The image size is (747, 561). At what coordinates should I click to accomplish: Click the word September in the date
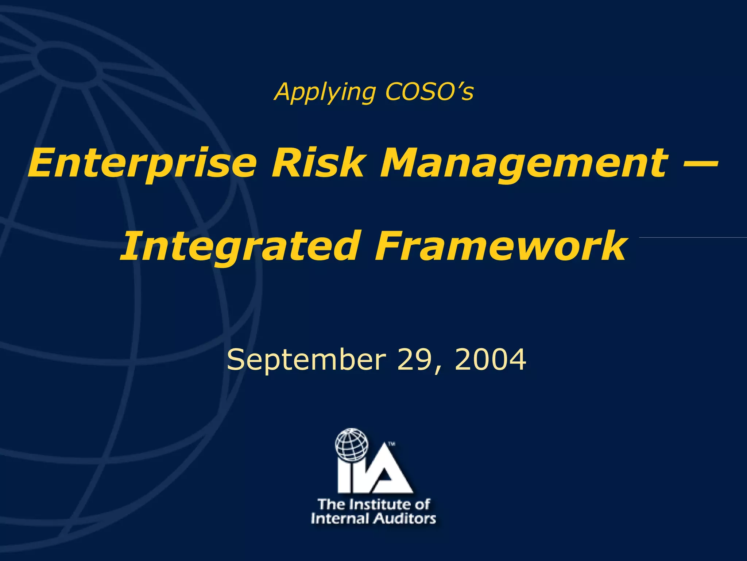pos(306,360)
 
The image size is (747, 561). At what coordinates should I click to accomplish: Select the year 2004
pos(490,359)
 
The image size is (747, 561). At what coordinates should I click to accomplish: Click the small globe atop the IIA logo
pos(352,444)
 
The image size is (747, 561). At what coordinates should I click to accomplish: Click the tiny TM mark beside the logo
pos(392,444)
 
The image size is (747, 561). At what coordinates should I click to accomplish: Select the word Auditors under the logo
pos(405,519)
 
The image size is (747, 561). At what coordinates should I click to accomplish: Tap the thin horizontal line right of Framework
pos(693,237)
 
